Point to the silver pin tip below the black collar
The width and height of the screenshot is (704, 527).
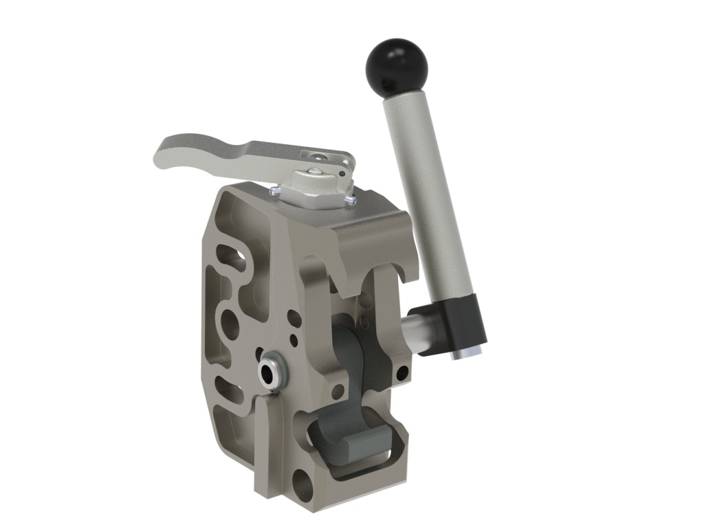[465, 352]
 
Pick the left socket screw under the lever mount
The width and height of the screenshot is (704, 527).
[276, 191]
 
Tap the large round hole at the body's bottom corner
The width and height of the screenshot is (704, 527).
[302, 484]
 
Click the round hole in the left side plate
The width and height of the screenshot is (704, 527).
[228, 324]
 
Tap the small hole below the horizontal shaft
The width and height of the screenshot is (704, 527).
[402, 373]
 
